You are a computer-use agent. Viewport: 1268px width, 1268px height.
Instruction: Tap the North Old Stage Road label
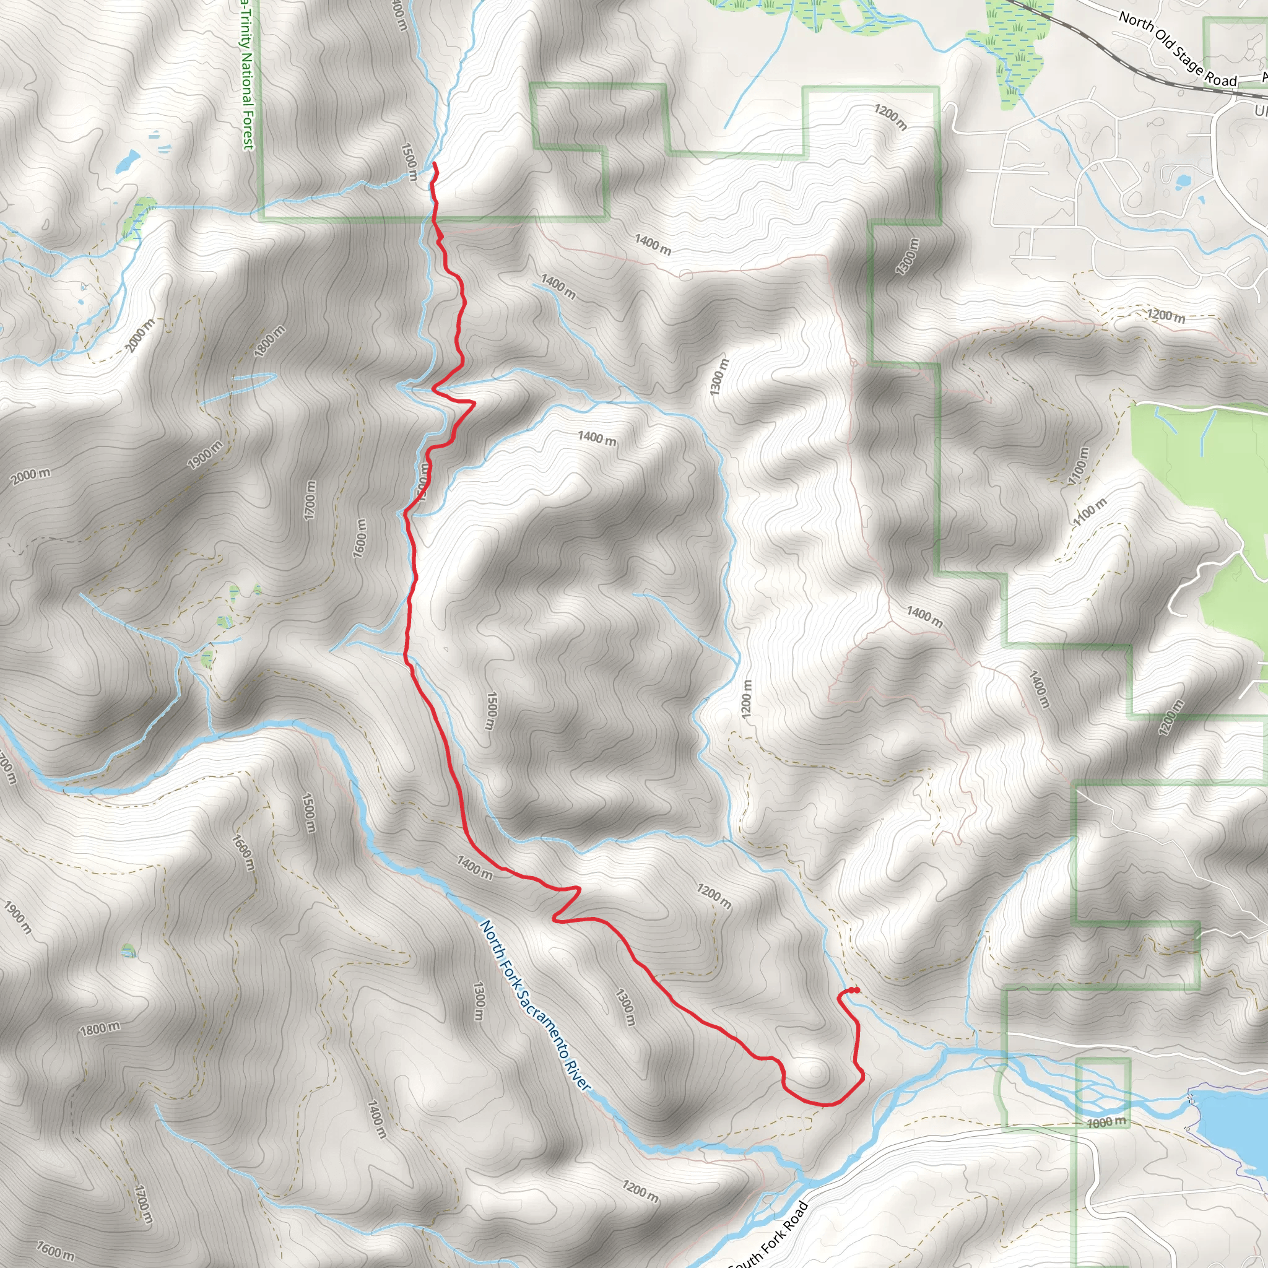click(1178, 50)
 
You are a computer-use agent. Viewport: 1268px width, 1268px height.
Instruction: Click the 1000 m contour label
click(1106, 1123)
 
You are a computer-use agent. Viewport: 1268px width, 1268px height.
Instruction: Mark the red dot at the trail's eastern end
click(856, 990)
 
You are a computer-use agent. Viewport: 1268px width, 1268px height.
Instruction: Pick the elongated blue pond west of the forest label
click(128, 160)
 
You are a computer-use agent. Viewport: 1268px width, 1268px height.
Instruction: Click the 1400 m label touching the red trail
click(474, 867)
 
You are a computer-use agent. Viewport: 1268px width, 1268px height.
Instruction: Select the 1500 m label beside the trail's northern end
click(409, 162)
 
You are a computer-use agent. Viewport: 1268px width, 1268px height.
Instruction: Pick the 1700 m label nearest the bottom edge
click(144, 1204)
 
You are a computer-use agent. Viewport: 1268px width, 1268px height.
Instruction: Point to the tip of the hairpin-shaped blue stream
click(273, 375)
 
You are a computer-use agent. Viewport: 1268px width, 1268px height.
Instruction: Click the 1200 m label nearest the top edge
click(890, 117)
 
